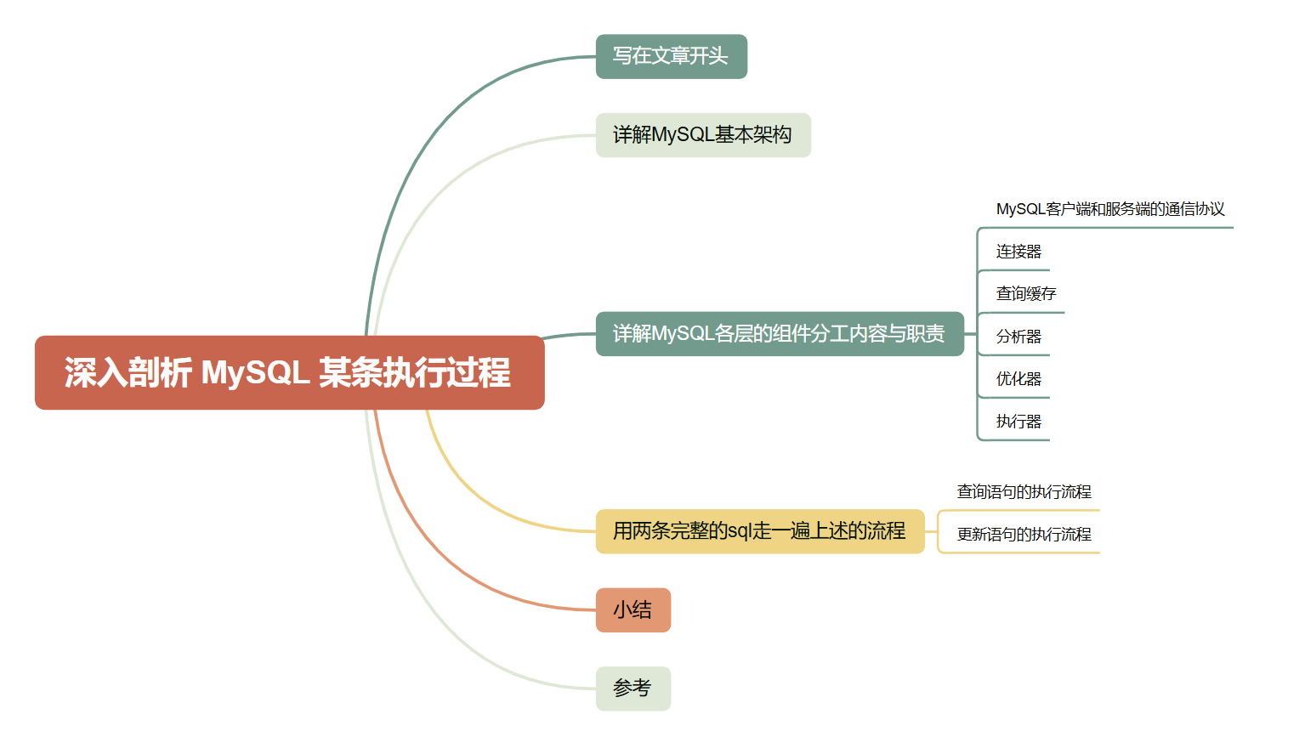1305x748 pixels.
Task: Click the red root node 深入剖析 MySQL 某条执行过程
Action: (289, 372)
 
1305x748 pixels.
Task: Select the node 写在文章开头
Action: (671, 56)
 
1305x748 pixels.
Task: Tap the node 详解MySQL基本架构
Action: (703, 135)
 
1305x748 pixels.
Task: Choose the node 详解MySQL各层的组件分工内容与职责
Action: (779, 334)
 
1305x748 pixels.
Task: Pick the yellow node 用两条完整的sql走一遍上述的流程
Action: (759, 531)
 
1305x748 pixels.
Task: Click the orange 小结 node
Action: (633, 610)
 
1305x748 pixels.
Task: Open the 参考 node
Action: (633, 688)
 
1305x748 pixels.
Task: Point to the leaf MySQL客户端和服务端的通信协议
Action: (1109, 209)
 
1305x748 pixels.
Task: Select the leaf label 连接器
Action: (1018, 252)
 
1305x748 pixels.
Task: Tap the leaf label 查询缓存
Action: (1025, 294)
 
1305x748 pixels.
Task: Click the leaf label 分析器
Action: (1018, 337)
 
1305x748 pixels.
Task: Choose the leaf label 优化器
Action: (1018, 379)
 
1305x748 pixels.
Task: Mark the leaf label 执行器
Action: (1018, 422)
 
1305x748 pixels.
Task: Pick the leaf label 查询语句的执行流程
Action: (1024, 492)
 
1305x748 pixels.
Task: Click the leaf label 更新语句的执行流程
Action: (1024, 535)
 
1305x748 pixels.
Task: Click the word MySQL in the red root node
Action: (255, 372)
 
